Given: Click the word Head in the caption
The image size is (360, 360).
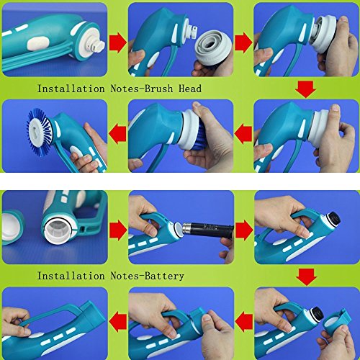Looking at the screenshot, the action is click(190, 89).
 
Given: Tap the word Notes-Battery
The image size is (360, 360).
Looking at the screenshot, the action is click(148, 276).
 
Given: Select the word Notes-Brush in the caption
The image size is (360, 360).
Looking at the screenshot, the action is click(142, 89).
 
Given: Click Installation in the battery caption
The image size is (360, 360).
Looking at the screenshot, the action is click(71, 276).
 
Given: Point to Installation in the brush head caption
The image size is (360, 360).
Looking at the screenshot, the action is click(71, 89).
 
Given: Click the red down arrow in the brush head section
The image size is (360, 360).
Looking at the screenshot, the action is click(305, 89).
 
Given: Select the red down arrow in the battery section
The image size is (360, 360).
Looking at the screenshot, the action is click(306, 277).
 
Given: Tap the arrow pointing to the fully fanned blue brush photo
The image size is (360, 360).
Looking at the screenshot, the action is click(117, 135).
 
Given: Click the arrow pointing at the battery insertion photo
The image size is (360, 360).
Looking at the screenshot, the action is click(118, 231).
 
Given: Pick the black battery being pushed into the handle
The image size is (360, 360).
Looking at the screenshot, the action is click(207, 230).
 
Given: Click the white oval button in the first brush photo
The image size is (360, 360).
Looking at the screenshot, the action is click(38, 44).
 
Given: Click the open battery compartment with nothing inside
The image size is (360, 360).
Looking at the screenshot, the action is click(58, 230).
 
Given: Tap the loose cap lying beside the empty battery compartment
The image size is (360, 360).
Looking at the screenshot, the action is click(12, 227).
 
